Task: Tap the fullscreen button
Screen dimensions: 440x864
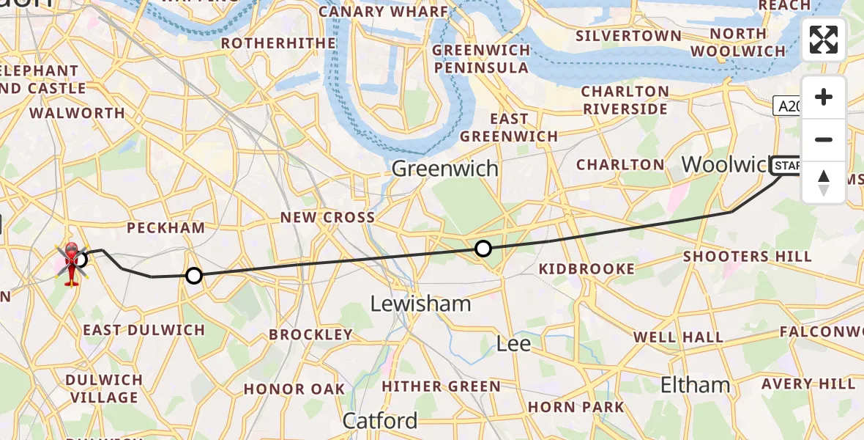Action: (x=824, y=40)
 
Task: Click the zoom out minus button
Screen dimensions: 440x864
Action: (x=824, y=139)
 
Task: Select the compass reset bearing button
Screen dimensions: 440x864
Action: (x=824, y=182)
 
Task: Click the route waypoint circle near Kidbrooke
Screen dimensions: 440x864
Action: (x=483, y=249)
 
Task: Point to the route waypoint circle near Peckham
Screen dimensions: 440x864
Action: (x=193, y=276)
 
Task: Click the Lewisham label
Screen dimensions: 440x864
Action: (x=420, y=304)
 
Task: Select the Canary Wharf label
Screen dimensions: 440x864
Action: (x=383, y=12)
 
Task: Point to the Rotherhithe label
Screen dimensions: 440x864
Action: (x=278, y=43)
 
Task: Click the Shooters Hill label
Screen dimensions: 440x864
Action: (x=747, y=257)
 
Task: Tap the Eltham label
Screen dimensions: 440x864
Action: (x=695, y=385)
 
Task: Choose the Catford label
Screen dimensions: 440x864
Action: (x=380, y=421)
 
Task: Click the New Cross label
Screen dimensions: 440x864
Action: (x=328, y=217)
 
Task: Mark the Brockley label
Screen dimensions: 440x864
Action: (x=310, y=334)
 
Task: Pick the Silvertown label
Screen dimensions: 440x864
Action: (x=628, y=36)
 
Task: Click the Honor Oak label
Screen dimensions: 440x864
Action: (x=294, y=389)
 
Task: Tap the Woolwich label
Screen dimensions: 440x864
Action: (x=725, y=165)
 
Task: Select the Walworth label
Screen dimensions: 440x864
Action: (x=78, y=113)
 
